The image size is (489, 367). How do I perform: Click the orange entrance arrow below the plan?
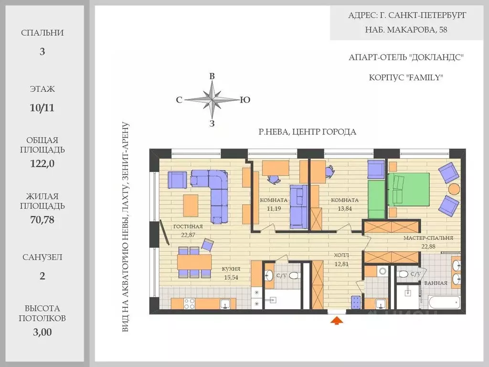tap(337, 321)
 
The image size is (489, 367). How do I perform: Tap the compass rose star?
tap(212, 100)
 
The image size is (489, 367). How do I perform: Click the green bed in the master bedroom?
tap(409, 189)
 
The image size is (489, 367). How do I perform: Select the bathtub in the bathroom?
tap(444, 302)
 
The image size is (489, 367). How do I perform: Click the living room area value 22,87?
tap(188, 235)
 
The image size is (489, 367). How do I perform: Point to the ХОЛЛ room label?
tap(341, 255)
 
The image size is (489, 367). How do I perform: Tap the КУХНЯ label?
tap(231, 269)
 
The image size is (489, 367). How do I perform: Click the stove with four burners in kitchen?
tap(189, 303)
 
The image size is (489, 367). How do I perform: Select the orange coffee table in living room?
tap(191, 205)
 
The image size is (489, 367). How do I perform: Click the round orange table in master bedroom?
tap(454, 189)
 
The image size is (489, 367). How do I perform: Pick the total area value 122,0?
tap(42, 163)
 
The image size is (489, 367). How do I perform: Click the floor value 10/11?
tap(42, 108)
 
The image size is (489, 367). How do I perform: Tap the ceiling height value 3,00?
tap(42, 332)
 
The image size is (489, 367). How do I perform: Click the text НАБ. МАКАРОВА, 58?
tap(406, 30)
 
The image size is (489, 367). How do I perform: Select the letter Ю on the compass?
tap(245, 100)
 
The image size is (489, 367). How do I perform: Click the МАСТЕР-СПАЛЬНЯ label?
tap(428, 238)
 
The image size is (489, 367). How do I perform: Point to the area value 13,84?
tap(345, 208)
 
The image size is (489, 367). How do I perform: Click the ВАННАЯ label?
tap(436, 283)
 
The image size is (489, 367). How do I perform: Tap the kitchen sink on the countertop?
tap(225, 303)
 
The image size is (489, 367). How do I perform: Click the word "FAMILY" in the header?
tap(425, 77)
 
